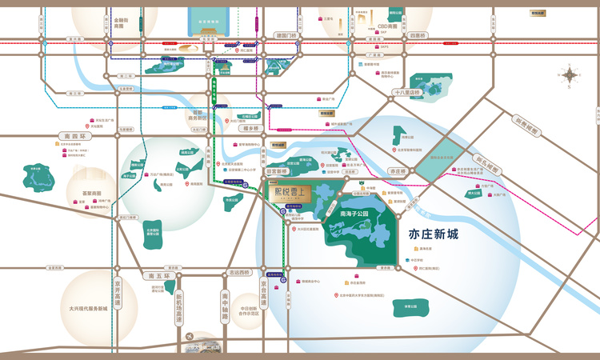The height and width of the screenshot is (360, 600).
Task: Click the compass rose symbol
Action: pos(569,77)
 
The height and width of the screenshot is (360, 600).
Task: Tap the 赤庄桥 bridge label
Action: pos(397,171)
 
